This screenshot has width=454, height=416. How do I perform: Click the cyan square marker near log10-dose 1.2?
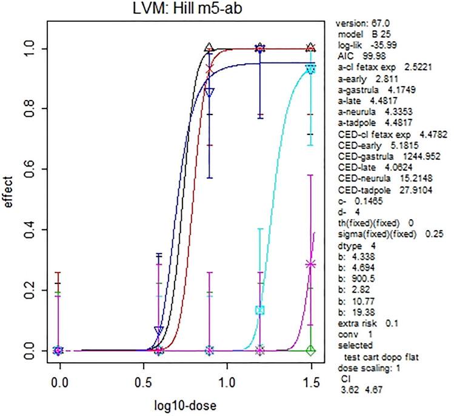pos(260,310)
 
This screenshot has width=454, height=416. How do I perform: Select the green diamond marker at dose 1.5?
pos(311,350)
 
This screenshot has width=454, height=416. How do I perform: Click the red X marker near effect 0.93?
pos(210,70)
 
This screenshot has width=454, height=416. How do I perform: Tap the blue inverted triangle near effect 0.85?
pos(210,92)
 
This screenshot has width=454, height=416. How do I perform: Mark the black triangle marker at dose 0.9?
pos(210,47)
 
